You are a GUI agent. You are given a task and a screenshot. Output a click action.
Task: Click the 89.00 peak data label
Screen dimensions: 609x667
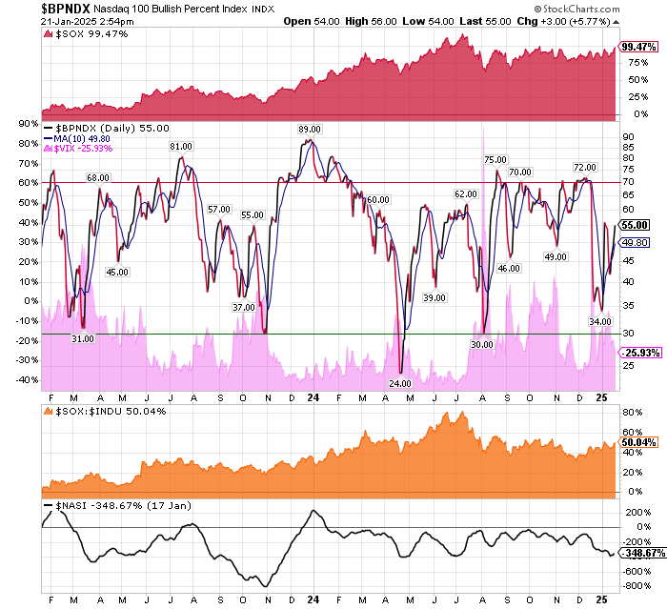[309, 129]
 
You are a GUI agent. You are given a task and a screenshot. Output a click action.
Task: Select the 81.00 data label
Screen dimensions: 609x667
[181, 146]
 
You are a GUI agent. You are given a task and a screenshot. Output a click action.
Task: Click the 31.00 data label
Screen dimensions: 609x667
[83, 338]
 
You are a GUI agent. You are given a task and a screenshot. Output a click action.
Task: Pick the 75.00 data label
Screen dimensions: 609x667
[495, 159]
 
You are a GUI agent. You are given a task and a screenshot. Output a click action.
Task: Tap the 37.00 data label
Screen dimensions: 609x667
[244, 307]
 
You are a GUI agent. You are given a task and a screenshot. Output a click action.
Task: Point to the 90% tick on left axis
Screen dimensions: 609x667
[26, 123]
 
